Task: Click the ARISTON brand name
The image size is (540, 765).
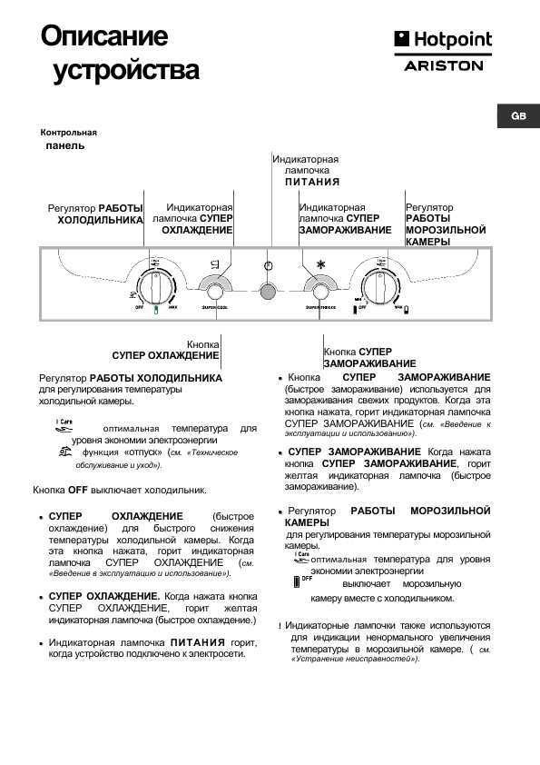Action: pos(443,66)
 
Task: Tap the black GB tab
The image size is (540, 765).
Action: pos(518,116)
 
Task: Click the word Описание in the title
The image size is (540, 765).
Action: pos(104,36)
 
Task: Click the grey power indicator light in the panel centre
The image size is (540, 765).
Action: pos(268,292)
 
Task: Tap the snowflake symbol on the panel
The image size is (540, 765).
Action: pos(319,265)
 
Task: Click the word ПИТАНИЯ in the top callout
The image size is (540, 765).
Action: pos(311,182)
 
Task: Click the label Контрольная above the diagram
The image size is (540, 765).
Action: pos(69,133)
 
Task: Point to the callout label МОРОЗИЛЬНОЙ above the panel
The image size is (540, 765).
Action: pos(446,231)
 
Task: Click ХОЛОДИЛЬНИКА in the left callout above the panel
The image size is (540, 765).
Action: pos(101,220)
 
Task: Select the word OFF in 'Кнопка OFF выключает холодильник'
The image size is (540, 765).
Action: pos(77,490)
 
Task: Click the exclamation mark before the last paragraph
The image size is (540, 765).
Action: pos(280,626)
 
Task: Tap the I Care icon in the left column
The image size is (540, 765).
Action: pos(64,424)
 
